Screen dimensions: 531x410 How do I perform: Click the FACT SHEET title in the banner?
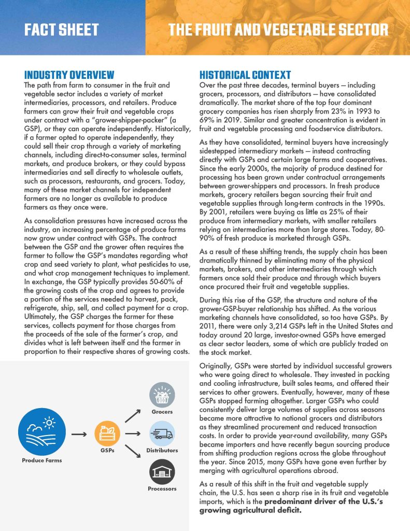[x=61, y=30]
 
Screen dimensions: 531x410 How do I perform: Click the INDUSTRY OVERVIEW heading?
[x=69, y=75]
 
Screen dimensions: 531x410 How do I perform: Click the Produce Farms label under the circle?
[x=41, y=460]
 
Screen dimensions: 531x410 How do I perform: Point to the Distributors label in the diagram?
[x=162, y=451]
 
